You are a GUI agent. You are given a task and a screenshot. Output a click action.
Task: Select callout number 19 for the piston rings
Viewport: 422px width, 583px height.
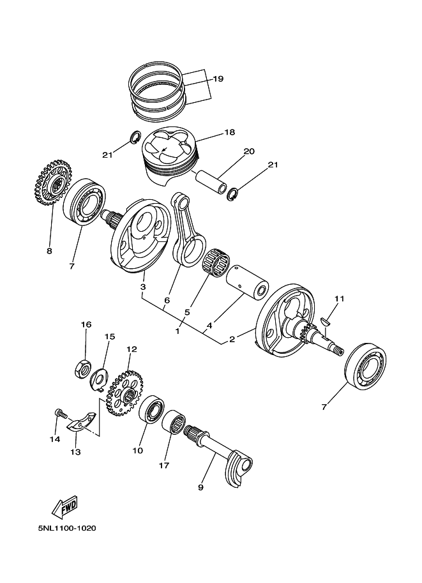click(218, 79)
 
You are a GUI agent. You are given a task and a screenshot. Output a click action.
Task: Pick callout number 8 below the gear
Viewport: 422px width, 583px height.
click(49, 251)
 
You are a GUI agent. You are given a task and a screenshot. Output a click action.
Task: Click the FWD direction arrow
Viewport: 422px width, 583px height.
click(64, 508)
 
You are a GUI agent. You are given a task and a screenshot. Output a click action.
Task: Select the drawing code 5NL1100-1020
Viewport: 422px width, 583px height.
click(66, 529)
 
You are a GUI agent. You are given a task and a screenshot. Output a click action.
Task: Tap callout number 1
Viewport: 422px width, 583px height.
click(178, 331)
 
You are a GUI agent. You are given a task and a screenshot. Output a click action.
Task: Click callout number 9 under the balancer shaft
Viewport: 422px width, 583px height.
click(200, 488)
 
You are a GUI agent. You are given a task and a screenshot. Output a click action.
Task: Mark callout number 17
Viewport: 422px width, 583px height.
click(164, 466)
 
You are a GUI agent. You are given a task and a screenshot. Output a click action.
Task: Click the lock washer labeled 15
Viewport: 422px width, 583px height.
click(99, 379)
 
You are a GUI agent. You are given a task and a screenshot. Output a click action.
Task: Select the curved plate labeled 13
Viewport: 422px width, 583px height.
click(82, 422)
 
